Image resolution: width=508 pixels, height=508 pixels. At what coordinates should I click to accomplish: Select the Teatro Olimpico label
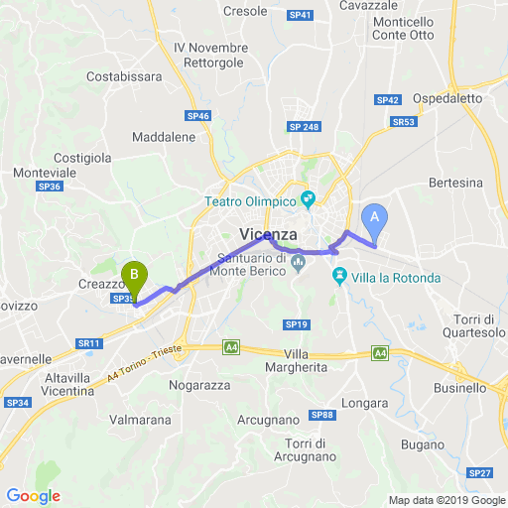click(252, 200)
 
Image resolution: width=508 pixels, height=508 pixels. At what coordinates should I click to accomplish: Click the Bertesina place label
click(456, 183)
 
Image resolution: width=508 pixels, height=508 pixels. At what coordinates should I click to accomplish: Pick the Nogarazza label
click(199, 384)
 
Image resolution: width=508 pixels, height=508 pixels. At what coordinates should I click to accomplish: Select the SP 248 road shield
click(304, 127)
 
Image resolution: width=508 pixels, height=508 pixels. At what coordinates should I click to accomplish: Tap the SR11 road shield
click(90, 343)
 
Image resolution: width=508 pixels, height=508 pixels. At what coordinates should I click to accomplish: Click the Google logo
click(33, 496)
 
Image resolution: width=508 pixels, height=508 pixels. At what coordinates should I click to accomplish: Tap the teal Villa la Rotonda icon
click(338, 278)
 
